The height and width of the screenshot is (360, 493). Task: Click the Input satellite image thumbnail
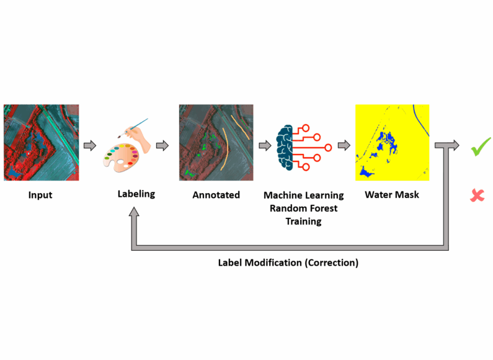[x=41, y=143]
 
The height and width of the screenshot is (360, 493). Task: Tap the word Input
[x=40, y=195]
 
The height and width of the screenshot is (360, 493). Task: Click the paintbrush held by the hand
[x=133, y=128]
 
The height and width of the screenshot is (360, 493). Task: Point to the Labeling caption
[x=136, y=194]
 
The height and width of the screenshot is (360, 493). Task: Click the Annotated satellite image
[x=216, y=143]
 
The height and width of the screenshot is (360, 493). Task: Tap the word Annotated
[x=216, y=195]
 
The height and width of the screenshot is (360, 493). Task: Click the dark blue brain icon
[x=285, y=148]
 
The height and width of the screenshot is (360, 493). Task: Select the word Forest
[x=324, y=209]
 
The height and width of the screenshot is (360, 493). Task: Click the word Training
[x=303, y=222]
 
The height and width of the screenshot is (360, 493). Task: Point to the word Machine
[x=280, y=195]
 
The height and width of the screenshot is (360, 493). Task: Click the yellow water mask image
[x=392, y=143]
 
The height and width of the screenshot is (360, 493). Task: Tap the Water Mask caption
[x=392, y=195]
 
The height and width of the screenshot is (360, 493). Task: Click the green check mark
[x=481, y=146]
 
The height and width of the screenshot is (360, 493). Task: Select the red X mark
[x=477, y=195]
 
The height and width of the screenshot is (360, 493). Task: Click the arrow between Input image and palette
[x=90, y=145]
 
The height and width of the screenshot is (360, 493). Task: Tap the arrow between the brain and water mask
[x=344, y=145]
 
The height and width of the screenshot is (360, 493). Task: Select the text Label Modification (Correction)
[x=288, y=263]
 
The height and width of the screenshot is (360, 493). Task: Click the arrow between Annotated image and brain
[x=265, y=145]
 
